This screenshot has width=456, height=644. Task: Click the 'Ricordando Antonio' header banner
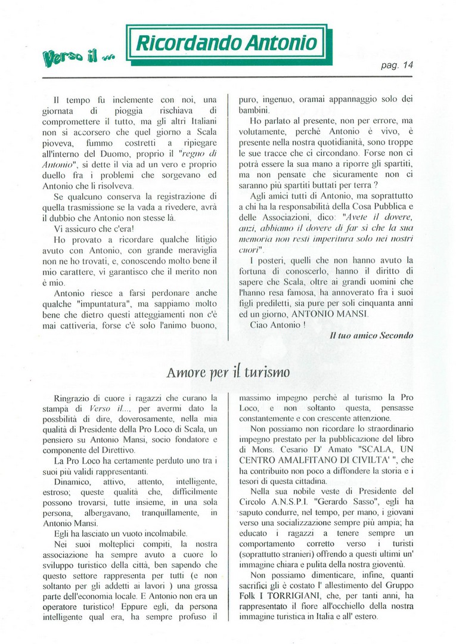[227, 42]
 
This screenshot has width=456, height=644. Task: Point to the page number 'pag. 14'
[398, 66]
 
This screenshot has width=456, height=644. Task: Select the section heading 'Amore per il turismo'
[228, 373]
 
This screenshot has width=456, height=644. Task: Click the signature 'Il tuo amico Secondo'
[371, 335]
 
